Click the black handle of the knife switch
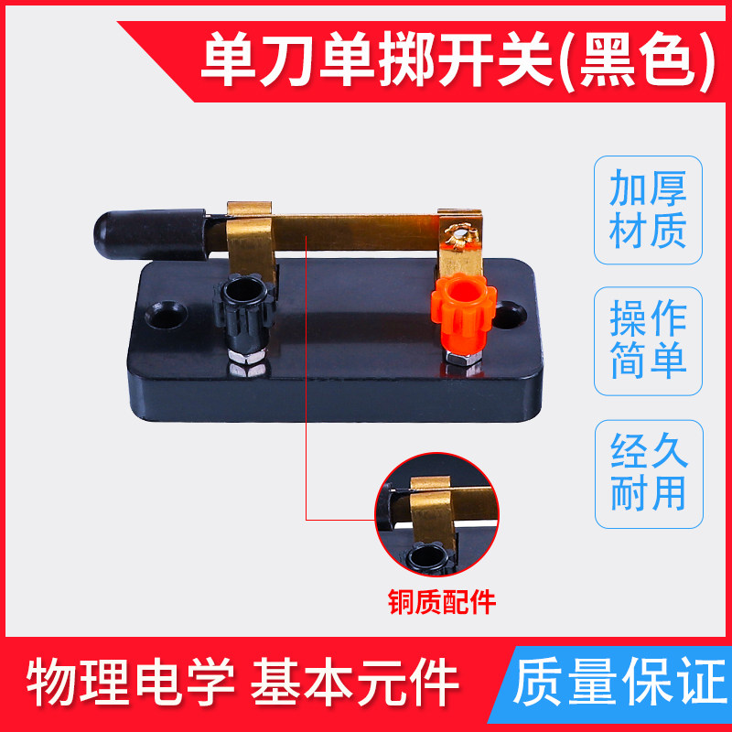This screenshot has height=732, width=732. [x=150, y=234]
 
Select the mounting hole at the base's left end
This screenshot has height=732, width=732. [x=167, y=315]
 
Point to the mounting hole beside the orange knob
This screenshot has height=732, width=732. [x=511, y=315]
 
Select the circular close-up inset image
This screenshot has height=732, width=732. [x=437, y=514]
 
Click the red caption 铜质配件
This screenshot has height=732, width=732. [x=442, y=602]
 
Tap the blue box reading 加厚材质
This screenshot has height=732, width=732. [x=648, y=210]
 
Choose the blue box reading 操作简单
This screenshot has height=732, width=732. [x=648, y=340]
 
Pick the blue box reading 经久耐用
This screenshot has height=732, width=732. [x=649, y=474]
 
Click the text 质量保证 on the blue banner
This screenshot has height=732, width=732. [x=621, y=681]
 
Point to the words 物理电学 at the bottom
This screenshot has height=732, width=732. [x=130, y=681]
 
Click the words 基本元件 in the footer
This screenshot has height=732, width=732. [x=355, y=681]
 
